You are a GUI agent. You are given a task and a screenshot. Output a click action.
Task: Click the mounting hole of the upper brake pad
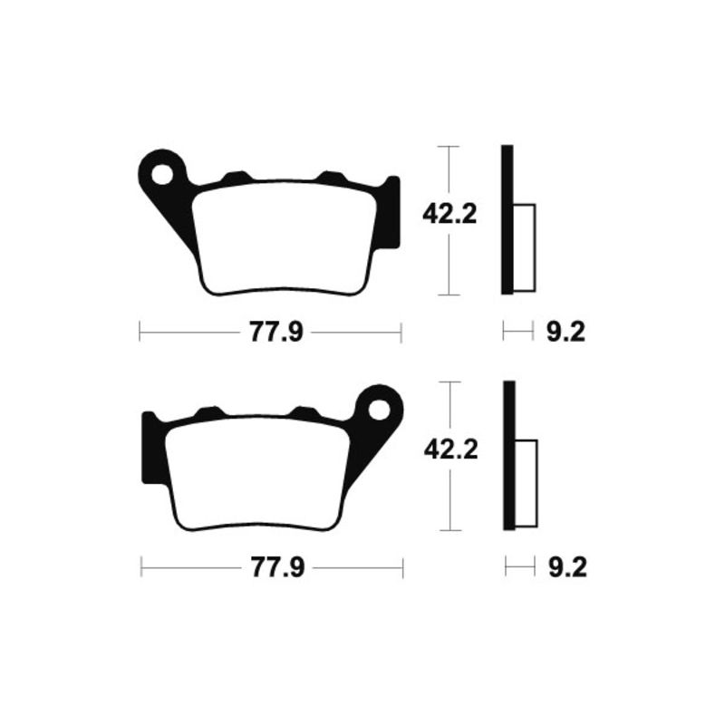[163, 172]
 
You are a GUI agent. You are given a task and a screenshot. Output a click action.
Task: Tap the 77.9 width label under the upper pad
[270, 333]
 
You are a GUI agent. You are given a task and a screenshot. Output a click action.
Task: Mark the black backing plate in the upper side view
[507, 220]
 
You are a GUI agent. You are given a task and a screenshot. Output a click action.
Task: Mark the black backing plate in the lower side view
[509, 456]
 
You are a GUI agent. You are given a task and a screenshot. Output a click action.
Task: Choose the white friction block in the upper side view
[525, 247]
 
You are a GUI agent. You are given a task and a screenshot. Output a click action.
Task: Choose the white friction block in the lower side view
[527, 483]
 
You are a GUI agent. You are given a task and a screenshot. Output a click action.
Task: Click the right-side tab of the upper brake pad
[391, 213]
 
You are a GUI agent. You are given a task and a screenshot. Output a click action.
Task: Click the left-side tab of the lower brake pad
[150, 449]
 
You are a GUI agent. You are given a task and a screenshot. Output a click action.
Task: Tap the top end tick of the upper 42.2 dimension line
[449, 146]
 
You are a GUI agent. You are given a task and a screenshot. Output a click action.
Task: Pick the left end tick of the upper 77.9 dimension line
[140, 333]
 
